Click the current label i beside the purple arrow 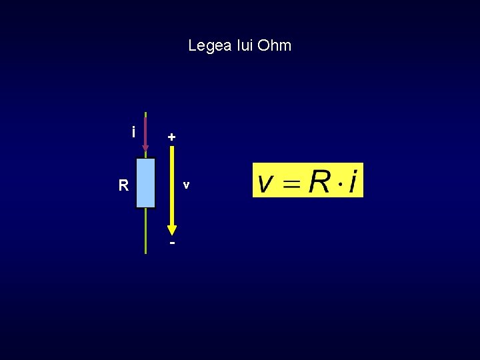134,132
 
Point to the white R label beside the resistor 123,186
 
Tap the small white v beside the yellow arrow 187,184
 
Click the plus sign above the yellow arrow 172,137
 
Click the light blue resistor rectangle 145,183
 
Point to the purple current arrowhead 145,149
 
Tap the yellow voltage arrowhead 172,229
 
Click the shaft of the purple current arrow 145,130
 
